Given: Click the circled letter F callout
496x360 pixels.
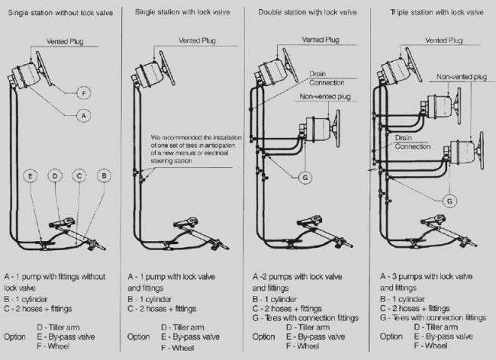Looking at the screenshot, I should click(x=85, y=93).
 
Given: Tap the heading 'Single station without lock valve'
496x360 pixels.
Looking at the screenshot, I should click(x=63, y=11).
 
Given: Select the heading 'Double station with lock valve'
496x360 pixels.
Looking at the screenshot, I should click(x=308, y=11).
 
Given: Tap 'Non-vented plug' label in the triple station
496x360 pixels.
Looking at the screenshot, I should click(x=462, y=77).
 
